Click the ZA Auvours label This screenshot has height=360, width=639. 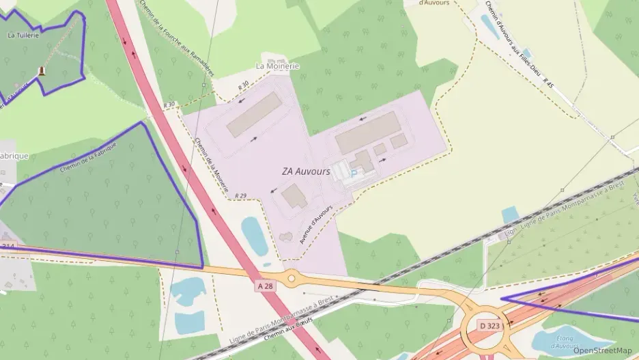(306, 171)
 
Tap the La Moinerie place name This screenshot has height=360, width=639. (277, 66)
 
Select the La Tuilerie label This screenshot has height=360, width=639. (22, 33)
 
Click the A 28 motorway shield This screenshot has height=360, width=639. (266, 286)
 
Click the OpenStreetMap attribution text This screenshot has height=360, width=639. (602, 350)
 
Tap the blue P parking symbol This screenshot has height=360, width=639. (353, 174)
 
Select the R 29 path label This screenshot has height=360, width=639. (240, 196)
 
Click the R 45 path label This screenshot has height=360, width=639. (548, 82)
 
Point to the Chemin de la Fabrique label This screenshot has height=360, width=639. (88, 158)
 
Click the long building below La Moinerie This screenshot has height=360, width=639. (254, 115)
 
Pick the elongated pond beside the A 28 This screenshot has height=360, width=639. (254, 236)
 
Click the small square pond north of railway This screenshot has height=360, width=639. (511, 215)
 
